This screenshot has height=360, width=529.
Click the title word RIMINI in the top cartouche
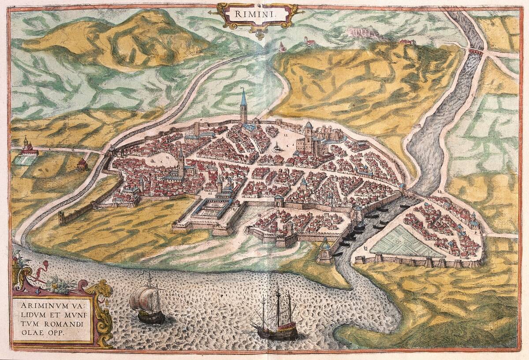pos(252,14)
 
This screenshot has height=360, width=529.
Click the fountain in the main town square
pos(276,147)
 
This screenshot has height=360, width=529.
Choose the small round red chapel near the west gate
pos(82,165)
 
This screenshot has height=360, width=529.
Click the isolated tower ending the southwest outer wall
pos(61,218)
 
